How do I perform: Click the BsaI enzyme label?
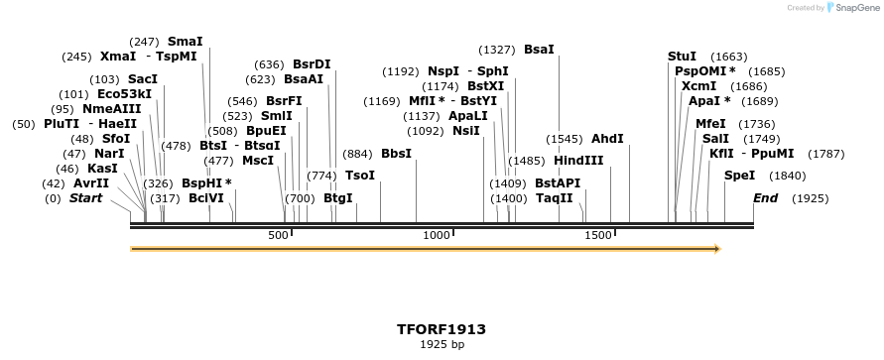pos(539,49)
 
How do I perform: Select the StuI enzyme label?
pos(682,57)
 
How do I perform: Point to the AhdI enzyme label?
pos(607,139)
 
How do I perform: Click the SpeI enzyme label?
pos(739,176)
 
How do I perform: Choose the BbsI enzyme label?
pos(396,154)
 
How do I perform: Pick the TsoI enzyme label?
pos(360,176)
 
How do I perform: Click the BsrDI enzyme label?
pos(312,64)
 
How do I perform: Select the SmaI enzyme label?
pos(186,42)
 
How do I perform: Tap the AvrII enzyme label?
pos(90,183)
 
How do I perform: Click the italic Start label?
pos(85,198)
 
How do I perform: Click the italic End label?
pos(765,198)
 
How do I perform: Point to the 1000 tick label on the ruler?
pos(437,235)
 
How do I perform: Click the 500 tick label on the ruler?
pos(278,235)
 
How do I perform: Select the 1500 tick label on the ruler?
pos(598,235)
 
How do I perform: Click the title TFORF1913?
pos(442,328)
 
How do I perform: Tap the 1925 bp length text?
pos(442,344)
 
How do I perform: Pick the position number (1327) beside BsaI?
pos(497,49)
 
